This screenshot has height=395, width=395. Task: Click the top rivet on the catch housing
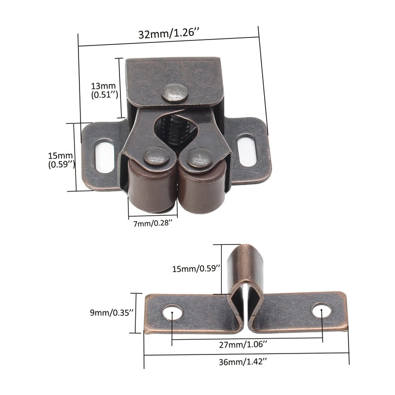tap(175, 92)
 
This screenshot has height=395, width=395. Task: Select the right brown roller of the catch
tap(201, 190)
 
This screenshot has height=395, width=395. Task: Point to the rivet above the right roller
tap(200, 158)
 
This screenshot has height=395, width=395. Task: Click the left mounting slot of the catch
tap(104, 156)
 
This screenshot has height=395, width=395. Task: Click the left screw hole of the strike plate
tap(172, 313)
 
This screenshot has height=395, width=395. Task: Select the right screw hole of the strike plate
tap(321, 311)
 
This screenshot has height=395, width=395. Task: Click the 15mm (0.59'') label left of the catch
tap(61, 159)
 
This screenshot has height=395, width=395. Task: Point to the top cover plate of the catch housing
tap(173, 77)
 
